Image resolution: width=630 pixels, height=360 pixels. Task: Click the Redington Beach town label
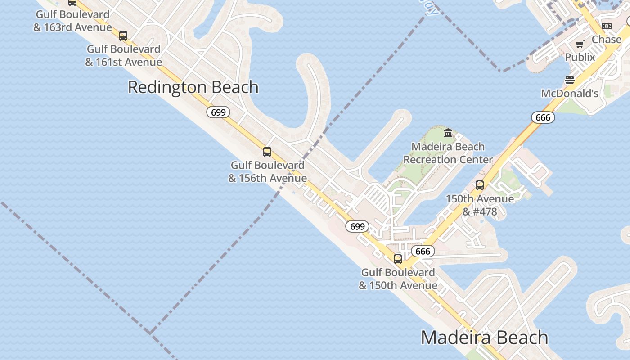[193, 87]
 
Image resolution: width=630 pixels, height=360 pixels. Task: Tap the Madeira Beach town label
[484, 337]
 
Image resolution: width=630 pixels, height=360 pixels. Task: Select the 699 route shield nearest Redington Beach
[218, 112]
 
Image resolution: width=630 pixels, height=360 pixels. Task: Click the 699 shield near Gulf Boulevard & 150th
[357, 226]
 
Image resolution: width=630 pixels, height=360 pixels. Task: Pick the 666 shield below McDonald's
[543, 117]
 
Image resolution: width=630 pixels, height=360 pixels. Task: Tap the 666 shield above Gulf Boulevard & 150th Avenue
[423, 251]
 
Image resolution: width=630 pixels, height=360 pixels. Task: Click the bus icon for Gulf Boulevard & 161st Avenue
[123, 36]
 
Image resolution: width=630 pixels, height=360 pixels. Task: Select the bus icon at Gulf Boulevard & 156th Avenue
[267, 152]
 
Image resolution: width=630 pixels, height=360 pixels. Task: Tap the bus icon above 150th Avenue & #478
[480, 185]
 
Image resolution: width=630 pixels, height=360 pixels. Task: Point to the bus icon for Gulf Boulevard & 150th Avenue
[398, 259]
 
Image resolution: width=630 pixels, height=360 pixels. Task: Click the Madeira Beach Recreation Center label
[448, 153]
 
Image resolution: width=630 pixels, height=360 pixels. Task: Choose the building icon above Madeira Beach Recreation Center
[448, 133]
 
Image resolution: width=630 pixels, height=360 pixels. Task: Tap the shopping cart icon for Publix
[580, 44]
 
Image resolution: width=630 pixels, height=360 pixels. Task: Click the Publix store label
[580, 57]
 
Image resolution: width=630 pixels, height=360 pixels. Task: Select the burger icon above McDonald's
[570, 81]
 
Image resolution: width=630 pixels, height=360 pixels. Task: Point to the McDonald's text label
[570, 94]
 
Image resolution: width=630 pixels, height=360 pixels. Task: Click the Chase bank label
[606, 40]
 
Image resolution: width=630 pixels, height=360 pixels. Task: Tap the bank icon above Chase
[606, 26]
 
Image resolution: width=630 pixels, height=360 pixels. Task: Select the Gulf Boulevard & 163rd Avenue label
[72, 21]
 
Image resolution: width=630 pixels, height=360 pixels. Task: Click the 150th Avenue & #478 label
[480, 205]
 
